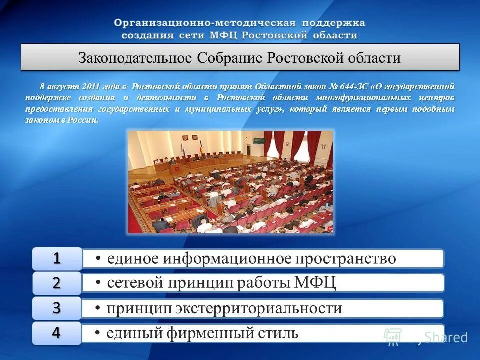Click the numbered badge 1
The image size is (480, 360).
click(x=57, y=258)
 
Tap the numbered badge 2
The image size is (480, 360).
click(x=57, y=283)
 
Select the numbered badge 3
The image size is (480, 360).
click(x=57, y=308)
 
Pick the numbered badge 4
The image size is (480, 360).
click(x=57, y=333)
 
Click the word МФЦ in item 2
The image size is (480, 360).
click(x=315, y=283)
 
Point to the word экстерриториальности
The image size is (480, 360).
click(x=258, y=308)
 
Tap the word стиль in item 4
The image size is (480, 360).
click(x=277, y=333)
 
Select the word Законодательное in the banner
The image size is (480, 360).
click(x=135, y=58)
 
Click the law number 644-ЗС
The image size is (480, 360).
click(x=350, y=86)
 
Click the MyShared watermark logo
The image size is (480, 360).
click(x=425, y=337)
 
